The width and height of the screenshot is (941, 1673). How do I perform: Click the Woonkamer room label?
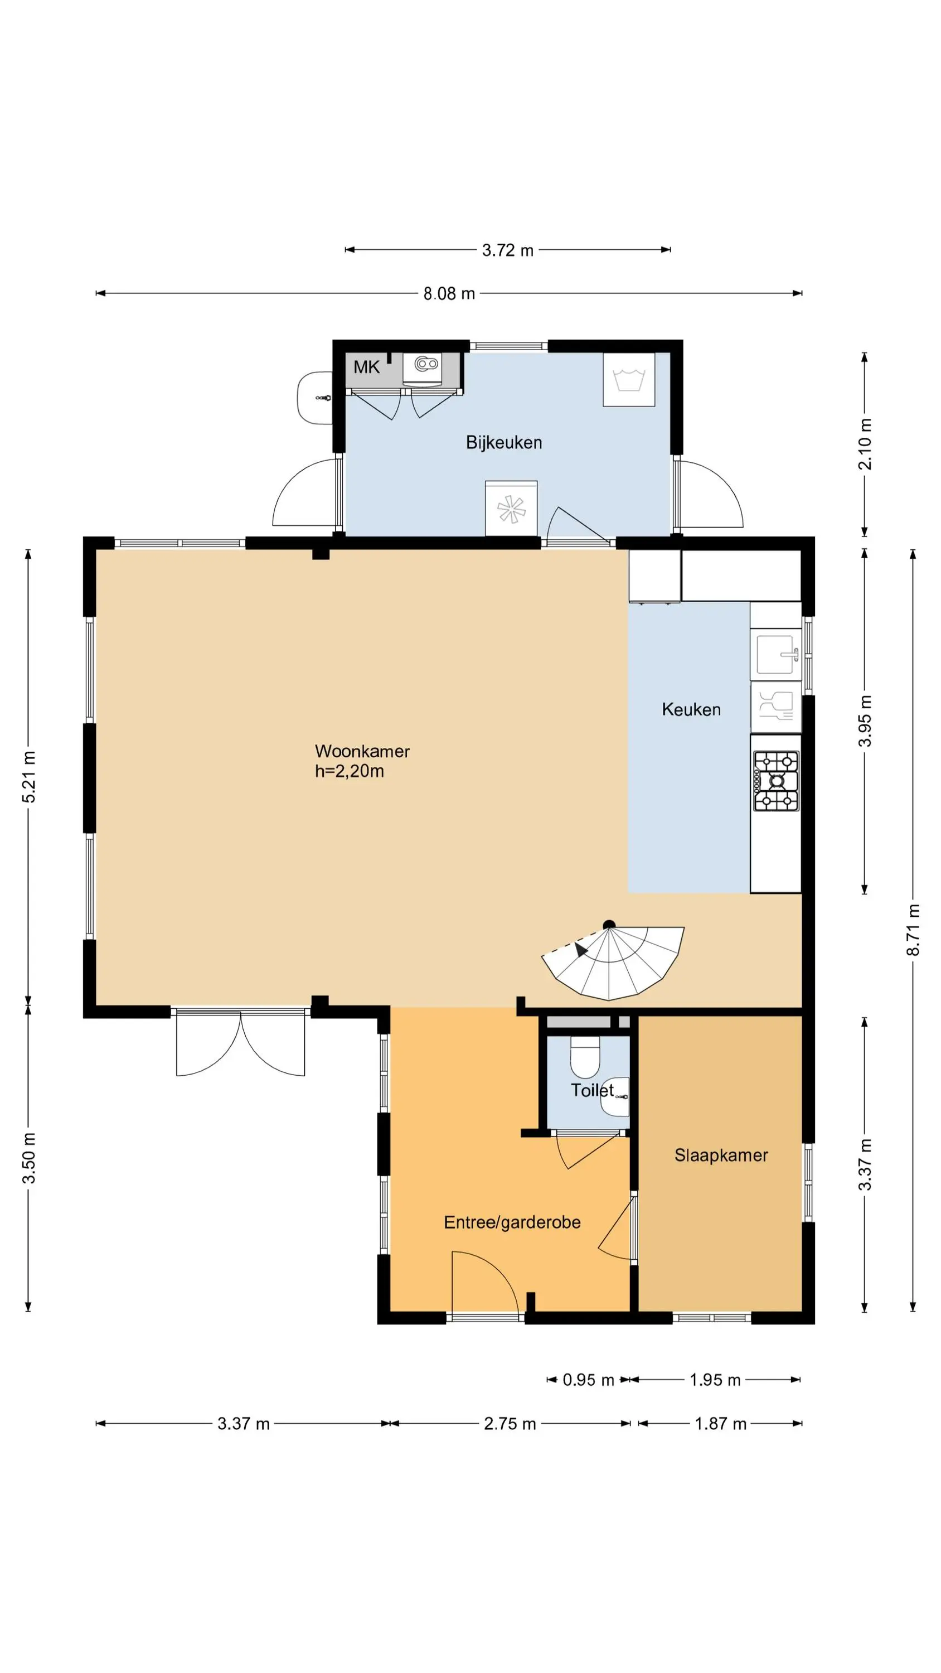(x=362, y=751)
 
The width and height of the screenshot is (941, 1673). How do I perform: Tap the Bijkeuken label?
(x=503, y=442)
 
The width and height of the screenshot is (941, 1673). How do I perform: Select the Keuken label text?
(x=691, y=709)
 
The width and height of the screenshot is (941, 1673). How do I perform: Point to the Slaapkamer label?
(x=721, y=1155)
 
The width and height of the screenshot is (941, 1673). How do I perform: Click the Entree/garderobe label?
(x=512, y=1222)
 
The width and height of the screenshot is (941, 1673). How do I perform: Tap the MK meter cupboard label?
(x=366, y=368)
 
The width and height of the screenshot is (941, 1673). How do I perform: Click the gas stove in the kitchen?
(x=776, y=781)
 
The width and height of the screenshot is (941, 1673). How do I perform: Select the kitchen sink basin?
(x=776, y=655)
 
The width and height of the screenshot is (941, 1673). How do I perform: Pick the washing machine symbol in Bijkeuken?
(x=629, y=380)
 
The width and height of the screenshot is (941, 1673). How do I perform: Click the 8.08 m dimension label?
(x=449, y=293)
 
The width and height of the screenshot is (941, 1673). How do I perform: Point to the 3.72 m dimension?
(x=507, y=250)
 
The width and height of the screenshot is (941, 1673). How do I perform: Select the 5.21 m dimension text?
(x=29, y=776)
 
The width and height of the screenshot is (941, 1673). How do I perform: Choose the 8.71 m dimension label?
(x=913, y=930)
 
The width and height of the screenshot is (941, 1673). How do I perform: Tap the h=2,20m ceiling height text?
(x=350, y=772)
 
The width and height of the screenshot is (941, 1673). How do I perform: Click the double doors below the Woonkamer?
(x=240, y=1042)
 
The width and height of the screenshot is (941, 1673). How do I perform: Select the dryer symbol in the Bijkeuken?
(x=511, y=509)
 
